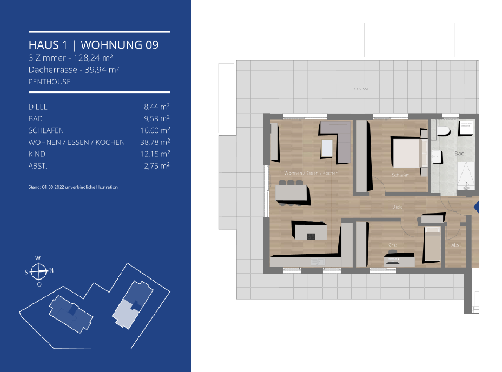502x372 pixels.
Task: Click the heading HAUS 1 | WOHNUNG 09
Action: (94, 45)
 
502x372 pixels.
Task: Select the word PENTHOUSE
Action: (50, 82)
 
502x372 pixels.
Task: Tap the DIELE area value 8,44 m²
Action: (156, 107)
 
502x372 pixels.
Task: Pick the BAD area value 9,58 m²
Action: (156, 118)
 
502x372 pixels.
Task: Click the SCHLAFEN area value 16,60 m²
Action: (155, 130)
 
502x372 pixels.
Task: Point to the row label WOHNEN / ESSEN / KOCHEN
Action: (76, 142)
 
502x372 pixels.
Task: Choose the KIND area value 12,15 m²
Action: (155, 154)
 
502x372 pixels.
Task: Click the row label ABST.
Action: (38, 166)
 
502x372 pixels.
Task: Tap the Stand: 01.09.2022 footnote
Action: (74, 187)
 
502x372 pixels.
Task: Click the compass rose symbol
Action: (38, 271)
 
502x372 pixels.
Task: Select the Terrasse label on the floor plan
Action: (360, 89)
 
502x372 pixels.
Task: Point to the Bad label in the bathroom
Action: (459, 154)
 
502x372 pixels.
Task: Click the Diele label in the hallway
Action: (397, 207)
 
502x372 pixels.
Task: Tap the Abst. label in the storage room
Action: (456, 245)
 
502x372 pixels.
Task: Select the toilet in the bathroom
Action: (444, 131)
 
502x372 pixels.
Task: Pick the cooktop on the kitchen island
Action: (311, 236)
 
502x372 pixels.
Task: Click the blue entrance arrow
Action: (477, 207)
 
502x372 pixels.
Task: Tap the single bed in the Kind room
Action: (432, 244)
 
